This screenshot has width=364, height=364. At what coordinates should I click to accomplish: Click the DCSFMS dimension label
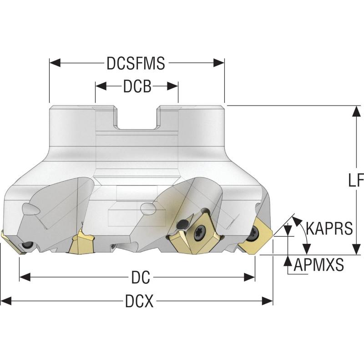pos(136,63)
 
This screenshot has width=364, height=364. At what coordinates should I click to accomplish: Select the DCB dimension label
pos(136,87)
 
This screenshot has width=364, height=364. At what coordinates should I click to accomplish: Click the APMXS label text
pos(318,265)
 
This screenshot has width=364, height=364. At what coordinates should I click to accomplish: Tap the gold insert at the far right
pos(255,234)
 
